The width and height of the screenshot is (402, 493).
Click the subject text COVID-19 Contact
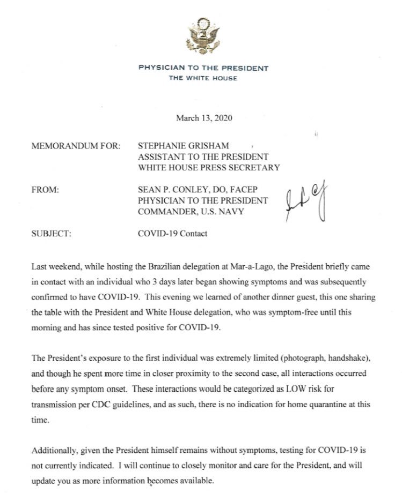173,234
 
